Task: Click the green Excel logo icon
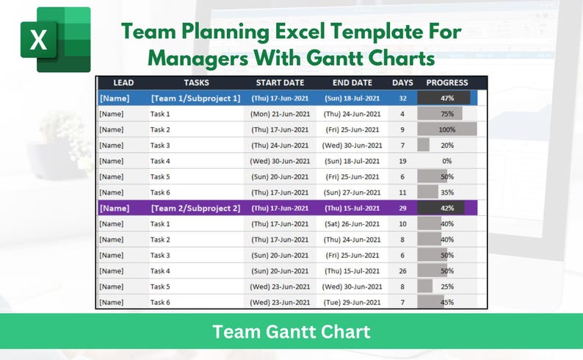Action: tap(55, 40)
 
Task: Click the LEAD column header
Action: tap(118, 83)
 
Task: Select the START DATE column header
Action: tap(280, 83)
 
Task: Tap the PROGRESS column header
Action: tap(447, 83)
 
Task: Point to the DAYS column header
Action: tap(402, 83)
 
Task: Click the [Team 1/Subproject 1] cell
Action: tap(195, 98)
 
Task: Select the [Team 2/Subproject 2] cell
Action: tap(195, 208)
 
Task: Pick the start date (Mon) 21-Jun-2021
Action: tap(279, 114)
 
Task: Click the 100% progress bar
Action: tap(447, 129)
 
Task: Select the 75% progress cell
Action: tap(447, 114)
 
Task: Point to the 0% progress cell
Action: tap(447, 161)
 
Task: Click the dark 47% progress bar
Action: tap(443, 98)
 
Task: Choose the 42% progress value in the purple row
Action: tap(447, 208)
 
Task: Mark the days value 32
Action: tap(402, 98)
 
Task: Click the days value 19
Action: tap(402, 161)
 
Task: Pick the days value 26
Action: tap(402, 271)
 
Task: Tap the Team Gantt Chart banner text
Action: tap(291, 331)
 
